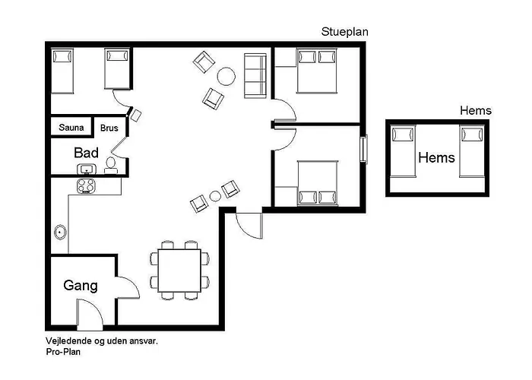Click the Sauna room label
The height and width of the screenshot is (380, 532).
tap(71, 128)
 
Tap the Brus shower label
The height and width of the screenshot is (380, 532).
tap(109, 128)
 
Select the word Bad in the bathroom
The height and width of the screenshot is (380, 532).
tap(86, 153)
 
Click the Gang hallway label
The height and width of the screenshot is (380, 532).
tap(81, 286)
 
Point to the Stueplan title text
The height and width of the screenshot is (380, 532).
tap(345, 32)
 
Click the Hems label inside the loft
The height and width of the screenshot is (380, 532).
tap(437, 157)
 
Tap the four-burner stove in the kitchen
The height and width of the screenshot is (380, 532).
tap(86, 186)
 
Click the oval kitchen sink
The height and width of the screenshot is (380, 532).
tap(60, 233)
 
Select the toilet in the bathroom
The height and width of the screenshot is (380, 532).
tap(111, 165)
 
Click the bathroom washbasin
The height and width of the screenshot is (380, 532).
tap(87, 169)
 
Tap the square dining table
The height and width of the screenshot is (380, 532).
tap(179, 271)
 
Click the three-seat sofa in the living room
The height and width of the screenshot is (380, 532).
tap(255, 76)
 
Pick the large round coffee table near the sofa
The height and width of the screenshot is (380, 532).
tap(226, 76)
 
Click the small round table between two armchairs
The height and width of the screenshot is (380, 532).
tap(215, 196)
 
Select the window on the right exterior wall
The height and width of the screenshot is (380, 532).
tap(364, 149)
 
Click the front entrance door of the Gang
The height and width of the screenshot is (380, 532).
tap(90, 315)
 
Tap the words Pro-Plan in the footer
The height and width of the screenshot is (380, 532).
tap(63, 352)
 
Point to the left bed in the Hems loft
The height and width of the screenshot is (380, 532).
tap(403, 151)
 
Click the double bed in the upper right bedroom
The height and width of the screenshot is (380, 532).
tap(317, 71)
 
